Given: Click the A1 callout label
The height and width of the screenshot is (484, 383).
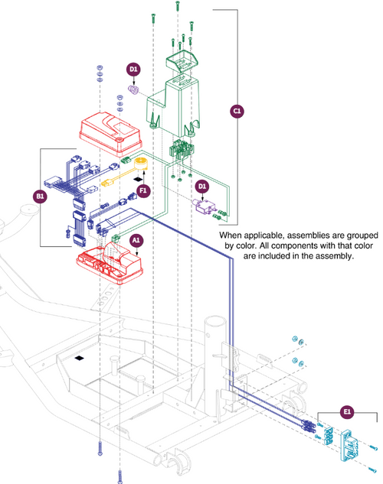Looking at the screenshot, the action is [x=136, y=240].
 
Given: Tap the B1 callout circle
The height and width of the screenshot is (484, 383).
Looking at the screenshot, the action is [x=40, y=197].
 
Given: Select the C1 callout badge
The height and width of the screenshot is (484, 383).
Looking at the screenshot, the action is [x=237, y=112].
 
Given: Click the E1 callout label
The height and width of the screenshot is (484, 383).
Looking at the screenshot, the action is [x=347, y=412].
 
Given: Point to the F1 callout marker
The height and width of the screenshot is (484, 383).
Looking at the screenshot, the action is [x=143, y=190].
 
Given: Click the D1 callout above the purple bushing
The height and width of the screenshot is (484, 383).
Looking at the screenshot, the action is [x=133, y=70].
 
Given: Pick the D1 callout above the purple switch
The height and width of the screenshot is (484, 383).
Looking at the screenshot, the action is [x=202, y=186].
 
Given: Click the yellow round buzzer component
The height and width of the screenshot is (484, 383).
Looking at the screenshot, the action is [x=142, y=164].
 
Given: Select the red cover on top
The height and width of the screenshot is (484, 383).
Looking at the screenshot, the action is [x=110, y=135].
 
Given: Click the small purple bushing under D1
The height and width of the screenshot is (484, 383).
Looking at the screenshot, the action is [x=133, y=89].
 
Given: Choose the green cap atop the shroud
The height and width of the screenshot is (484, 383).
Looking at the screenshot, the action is [x=182, y=61].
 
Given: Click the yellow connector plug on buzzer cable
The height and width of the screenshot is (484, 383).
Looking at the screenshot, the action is [x=107, y=183].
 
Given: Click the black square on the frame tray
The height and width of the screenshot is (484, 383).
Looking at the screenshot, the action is [x=80, y=358].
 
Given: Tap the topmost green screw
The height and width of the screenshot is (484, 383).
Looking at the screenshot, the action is [x=178, y=6].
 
